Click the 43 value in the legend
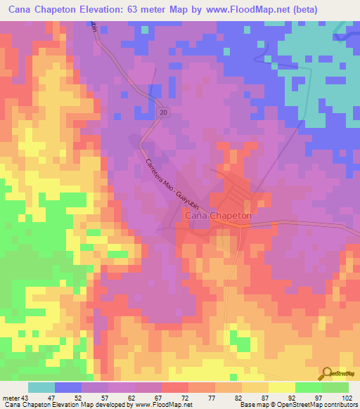click(x=28, y=397)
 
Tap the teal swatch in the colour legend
click(x=41, y=387)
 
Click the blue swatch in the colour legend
click(x=68, y=387)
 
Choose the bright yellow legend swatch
click(x=282, y=387)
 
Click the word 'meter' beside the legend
click(x=11, y=397)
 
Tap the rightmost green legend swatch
click(x=335, y=387)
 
